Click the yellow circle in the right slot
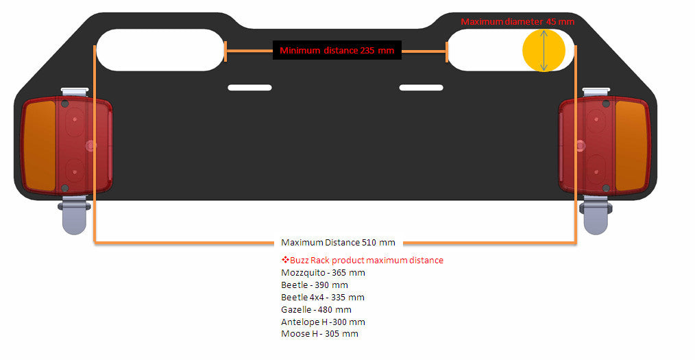(x=544, y=50)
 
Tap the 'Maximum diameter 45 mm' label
(x=517, y=21)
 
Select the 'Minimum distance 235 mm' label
(x=337, y=51)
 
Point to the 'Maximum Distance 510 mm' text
(x=338, y=243)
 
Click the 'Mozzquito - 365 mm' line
(x=323, y=273)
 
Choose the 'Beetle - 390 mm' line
(x=314, y=285)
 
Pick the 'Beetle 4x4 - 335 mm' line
(x=323, y=298)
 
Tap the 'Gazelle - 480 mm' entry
(x=316, y=310)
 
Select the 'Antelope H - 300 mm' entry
(x=323, y=322)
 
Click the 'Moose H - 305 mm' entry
(x=319, y=334)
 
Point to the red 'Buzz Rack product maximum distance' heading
(x=363, y=261)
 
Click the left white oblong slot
(x=160, y=50)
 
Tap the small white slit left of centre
(x=249, y=88)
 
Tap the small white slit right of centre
(x=421, y=88)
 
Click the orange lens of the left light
(x=40, y=145)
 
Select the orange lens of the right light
(x=632, y=145)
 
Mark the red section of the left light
(x=84, y=145)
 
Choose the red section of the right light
(x=587, y=145)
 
